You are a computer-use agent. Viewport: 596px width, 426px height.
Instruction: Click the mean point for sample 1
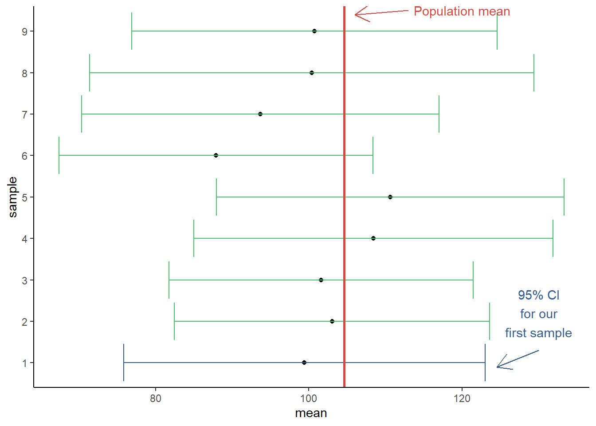pyautogui.click(x=304, y=363)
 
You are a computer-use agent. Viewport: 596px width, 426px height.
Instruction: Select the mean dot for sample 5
pyautogui.click(x=390, y=197)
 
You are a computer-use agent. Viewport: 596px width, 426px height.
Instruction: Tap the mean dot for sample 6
pyautogui.click(x=216, y=155)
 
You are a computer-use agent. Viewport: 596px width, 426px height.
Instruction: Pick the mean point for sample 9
pyautogui.click(x=314, y=31)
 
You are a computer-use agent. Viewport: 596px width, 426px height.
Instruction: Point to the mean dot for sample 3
pyautogui.click(x=321, y=280)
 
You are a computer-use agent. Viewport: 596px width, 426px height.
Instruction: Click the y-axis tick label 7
pyautogui.click(x=25, y=114)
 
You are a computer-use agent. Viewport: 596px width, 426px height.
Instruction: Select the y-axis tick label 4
pyautogui.click(x=25, y=239)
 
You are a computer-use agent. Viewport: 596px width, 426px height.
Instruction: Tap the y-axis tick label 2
pyautogui.click(x=25, y=322)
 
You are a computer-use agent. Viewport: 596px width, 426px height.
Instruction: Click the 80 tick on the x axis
pyautogui.click(x=156, y=398)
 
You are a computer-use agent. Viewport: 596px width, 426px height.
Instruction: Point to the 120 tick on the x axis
pyautogui.click(x=462, y=398)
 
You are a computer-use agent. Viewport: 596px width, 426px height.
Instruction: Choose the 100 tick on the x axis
pyautogui.click(x=309, y=398)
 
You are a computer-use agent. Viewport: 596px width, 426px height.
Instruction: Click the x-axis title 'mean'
pyautogui.click(x=311, y=413)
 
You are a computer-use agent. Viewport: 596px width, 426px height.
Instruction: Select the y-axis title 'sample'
pyautogui.click(x=12, y=197)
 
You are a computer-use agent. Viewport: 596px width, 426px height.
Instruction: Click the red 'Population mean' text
pyautogui.click(x=462, y=12)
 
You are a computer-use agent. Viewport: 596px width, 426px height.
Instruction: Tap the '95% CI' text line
pyautogui.click(x=538, y=295)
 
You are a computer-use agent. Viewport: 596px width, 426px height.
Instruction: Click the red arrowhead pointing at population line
pyautogui.click(x=356, y=15)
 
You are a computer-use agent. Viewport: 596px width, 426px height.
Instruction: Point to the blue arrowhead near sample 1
pyautogui.click(x=498, y=367)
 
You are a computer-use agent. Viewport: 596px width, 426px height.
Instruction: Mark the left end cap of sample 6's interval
pyautogui.click(x=59, y=155)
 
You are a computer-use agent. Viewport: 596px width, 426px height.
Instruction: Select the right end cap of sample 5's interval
pyautogui.click(x=564, y=197)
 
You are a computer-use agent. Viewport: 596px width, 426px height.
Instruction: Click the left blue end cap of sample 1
pyautogui.click(x=124, y=363)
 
